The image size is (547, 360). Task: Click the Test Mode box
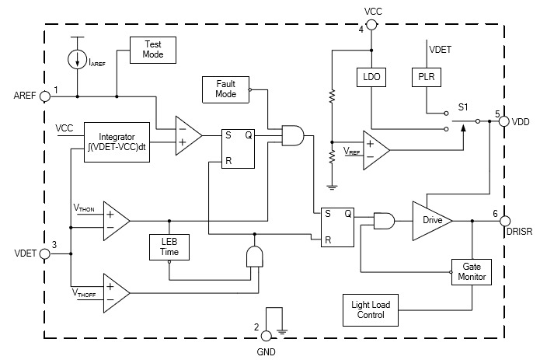tap(152, 51)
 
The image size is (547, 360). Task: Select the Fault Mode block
tap(225, 89)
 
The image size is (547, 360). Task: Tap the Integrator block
tap(117, 142)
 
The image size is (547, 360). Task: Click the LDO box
tap(371, 77)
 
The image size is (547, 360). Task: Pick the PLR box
tap(426, 77)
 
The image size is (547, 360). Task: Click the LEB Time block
tap(169, 247)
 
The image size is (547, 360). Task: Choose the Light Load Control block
tap(370, 310)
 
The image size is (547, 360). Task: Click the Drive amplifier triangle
tap(430, 220)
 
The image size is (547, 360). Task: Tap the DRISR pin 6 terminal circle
tap(504, 221)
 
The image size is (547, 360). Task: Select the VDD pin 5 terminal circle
tap(503, 122)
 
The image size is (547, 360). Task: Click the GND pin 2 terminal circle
tap(267, 335)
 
